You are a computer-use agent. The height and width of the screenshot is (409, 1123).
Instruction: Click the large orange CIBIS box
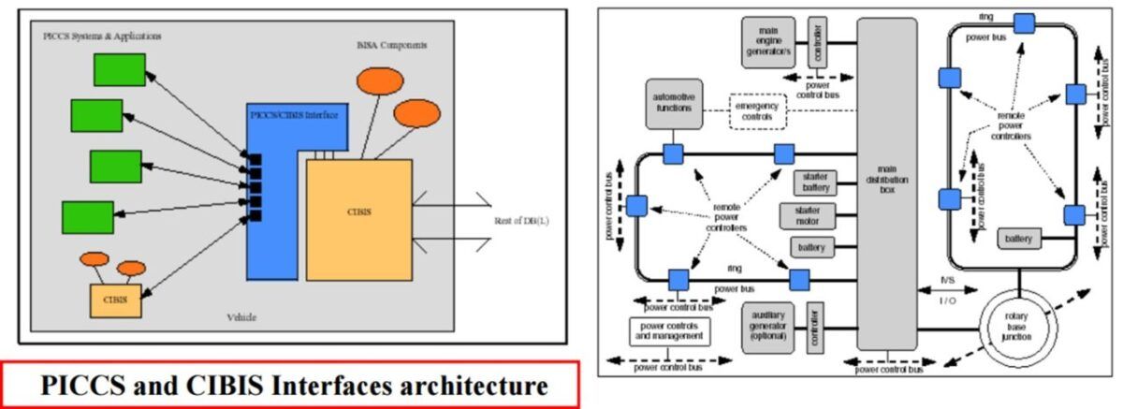click(x=358, y=219)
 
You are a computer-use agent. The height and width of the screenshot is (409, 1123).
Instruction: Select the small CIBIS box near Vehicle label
click(x=115, y=299)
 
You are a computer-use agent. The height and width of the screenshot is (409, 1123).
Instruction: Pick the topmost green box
click(x=119, y=69)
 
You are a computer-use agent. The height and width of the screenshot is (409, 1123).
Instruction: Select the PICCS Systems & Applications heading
click(x=102, y=36)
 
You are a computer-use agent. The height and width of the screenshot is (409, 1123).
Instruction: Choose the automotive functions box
click(x=673, y=102)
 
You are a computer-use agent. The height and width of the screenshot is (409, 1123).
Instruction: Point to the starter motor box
click(x=808, y=215)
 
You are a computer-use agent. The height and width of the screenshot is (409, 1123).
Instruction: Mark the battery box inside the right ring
click(x=1018, y=239)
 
